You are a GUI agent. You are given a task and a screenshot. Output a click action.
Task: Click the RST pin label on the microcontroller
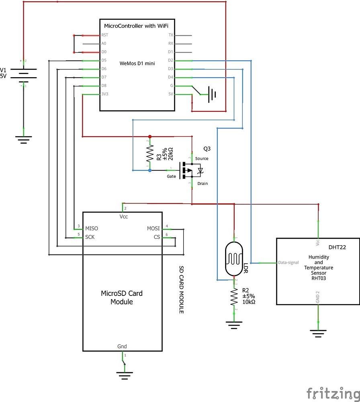click(x=104, y=35)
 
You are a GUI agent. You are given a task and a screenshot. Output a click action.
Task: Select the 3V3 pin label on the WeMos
click(x=104, y=94)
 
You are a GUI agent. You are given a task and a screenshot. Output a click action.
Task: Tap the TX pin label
click(x=171, y=35)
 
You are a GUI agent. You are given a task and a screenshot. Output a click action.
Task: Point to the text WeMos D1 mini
click(x=137, y=63)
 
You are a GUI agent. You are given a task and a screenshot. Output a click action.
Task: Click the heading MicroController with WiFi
click(x=137, y=26)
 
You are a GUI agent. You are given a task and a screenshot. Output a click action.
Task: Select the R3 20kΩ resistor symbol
click(x=150, y=153)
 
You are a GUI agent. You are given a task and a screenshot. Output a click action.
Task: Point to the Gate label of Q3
click(x=172, y=176)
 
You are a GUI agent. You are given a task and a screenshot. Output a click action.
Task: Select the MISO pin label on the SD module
click(x=92, y=228)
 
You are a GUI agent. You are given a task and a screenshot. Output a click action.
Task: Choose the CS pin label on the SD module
click(x=157, y=237)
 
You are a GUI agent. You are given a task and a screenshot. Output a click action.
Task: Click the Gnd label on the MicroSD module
click(x=122, y=346)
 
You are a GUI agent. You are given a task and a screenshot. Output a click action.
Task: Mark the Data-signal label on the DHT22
click(x=288, y=263)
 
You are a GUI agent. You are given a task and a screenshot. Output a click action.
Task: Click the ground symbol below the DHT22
click(x=318, y=332)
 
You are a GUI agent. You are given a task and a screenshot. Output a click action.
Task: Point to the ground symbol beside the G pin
click(x=212, y=94)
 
